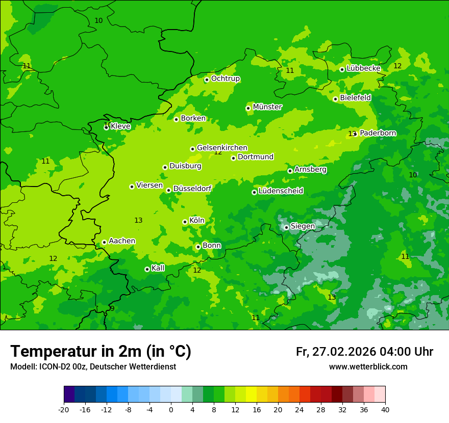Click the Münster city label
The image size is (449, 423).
coord(267,107)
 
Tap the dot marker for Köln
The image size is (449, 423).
coord(185,222)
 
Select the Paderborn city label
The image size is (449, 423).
coord(378,133)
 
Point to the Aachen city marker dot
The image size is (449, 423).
coord(104,242)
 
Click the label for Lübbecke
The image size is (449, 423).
coord(363,68)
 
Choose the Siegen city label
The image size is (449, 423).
coord(303,226)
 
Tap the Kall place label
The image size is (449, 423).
coord(158,268)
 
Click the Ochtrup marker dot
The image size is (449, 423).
coord(207,80)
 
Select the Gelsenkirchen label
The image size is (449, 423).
coord(222,148)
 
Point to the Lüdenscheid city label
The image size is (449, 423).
coord(281,191)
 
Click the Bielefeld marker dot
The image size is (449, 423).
coord(335,99)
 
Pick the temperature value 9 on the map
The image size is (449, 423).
coord(112,308)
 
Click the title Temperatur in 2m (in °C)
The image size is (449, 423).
coord(101,351)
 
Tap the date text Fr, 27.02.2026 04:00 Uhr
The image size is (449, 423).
coord(364,352)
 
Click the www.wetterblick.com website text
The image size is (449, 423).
coord(368,367)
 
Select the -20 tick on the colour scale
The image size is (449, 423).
coord(64,409)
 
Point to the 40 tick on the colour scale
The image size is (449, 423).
coord(385,409)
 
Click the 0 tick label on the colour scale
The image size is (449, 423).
coord(171,409)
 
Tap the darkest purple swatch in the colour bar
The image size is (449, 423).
coord(69,394)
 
